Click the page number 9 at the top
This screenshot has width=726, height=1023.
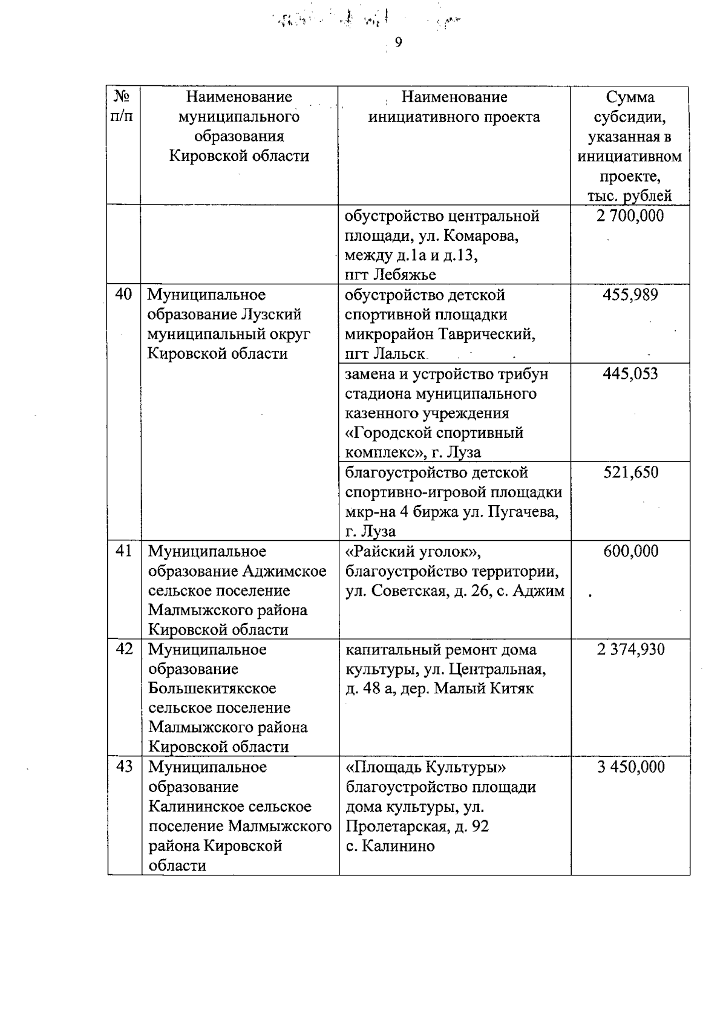coord(398,42)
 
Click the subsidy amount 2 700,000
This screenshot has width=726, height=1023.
coord(630,216)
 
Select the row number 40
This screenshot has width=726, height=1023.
coord(123,295)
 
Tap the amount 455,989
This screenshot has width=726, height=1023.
coord(630,295)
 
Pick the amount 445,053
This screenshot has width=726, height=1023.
coord(630,374)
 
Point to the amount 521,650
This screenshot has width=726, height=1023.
coord(630,472)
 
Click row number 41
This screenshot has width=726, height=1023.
coord(123,551)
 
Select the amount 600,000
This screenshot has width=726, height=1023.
coord(630,551)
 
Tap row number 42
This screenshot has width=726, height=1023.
coord(124,649)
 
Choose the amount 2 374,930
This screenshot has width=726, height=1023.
coord(630,650)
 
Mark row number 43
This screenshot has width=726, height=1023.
coord(124,766)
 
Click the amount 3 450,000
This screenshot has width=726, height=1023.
coord(630,767)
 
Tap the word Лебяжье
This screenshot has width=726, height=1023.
coord(405,275)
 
